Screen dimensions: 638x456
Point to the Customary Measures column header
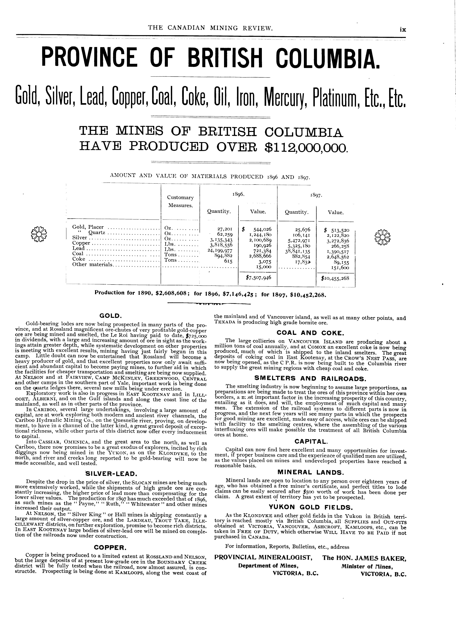tap(180, 201)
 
